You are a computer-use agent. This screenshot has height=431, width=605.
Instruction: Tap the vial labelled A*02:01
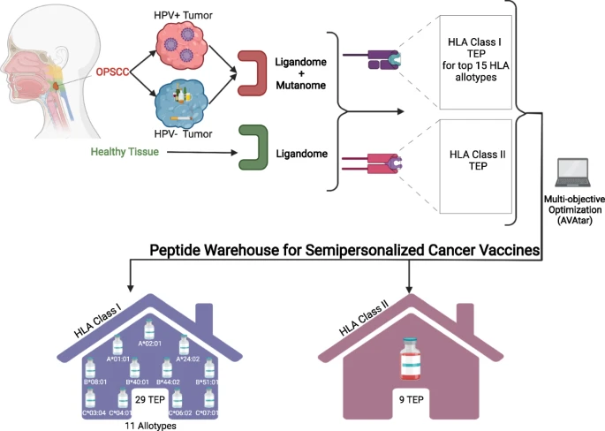[x=149, y=330]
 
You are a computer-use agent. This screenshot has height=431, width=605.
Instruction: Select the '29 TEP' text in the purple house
[x=148, y=400]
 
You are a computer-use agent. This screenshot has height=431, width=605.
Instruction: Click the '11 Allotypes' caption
[x=148, y=425]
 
